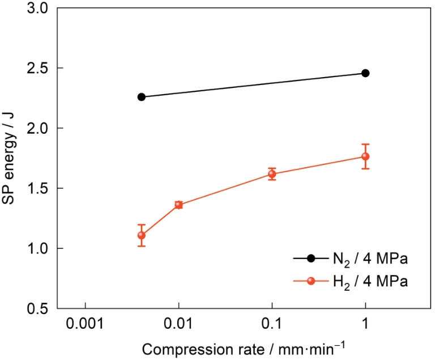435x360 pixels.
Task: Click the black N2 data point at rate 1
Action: click(x=365, y=73)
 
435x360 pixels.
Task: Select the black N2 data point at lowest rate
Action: click(x=142, y=97)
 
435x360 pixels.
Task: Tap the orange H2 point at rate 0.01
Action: click(x=179, y=205)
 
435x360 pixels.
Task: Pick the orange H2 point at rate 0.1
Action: click(x=272, y=174)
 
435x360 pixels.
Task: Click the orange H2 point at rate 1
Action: click(x=365, y=156)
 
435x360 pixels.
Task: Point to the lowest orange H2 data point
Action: click(x=142, y=235)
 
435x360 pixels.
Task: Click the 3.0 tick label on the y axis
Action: click(x=37, y=9)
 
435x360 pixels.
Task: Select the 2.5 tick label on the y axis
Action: click(x=37, y=69)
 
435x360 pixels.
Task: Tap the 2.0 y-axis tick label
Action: click(x=37, y=129)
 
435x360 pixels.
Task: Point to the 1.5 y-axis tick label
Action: click(x=37, y=189)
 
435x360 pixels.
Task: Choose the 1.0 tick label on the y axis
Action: click(x=37, y=249)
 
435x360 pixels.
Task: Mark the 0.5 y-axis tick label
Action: click(x=37, y=309)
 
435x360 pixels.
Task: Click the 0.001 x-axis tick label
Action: click(x=86, y=327)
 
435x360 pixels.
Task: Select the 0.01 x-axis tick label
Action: click(x=179, y=327)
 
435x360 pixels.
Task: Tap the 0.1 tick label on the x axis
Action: click(x=272, y=327)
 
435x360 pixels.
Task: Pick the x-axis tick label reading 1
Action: click(x=365, y=327)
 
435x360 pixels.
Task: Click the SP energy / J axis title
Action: click(x=12, y=159)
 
